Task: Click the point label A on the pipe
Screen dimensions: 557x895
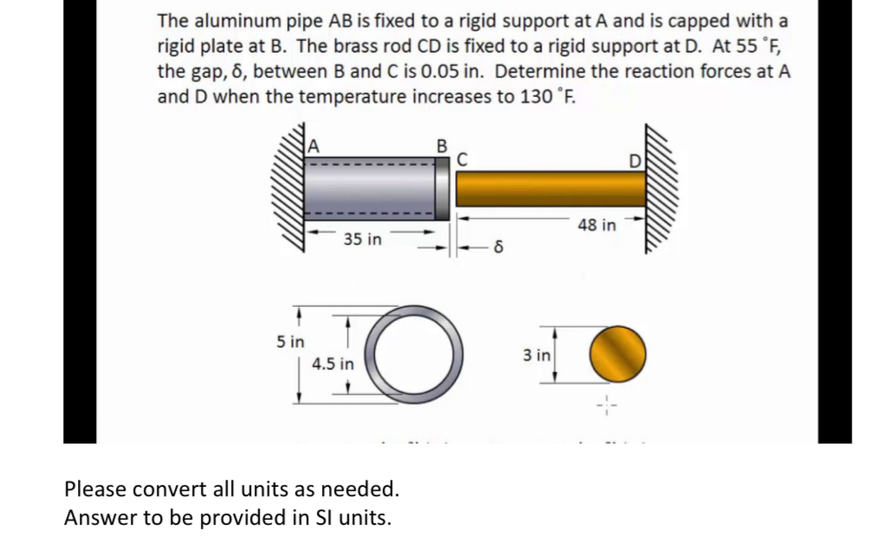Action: point(315,145)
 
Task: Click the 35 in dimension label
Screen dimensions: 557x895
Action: point(362,239)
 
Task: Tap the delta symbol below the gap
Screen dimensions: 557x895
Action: point(499,251)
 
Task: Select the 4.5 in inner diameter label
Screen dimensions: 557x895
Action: point(333,363)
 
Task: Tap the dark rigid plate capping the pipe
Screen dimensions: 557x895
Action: point(442,189)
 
